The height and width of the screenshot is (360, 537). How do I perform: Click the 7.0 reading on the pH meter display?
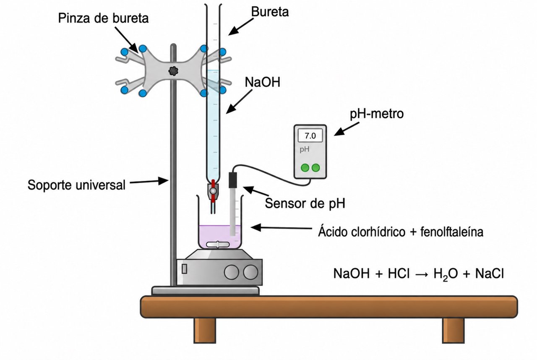[x=310, y=136]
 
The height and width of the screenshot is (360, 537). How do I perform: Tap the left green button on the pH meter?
[x=305, y=168]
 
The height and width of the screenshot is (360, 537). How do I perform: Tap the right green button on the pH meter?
[x=315, y=168]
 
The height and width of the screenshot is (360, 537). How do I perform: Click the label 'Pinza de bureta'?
[x=103, y=18]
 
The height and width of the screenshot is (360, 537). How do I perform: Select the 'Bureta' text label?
[x=270, y=12]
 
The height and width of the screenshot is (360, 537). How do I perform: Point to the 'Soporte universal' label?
[x=76, y=185]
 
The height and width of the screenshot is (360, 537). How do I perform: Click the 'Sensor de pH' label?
[x=305, y=203]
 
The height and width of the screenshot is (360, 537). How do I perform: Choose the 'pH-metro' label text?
[x=377, y=114]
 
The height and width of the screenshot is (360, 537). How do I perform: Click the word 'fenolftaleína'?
[x=452, y=232]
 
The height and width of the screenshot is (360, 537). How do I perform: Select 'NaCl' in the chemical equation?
[x=489, y=274]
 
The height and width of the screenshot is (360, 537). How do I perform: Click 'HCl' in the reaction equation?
[x=399, y=274]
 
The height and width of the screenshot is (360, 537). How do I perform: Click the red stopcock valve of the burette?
[x=213, y=191]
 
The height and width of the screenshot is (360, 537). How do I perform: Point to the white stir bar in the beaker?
[x=218, y=245]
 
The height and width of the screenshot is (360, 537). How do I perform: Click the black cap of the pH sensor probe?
[x=232, y=180]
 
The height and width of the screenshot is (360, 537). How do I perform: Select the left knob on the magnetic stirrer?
[x=231, y=272]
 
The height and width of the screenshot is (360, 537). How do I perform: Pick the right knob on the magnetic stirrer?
[x=250, y=272]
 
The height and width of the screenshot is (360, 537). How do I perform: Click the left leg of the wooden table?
[x=204, y=330]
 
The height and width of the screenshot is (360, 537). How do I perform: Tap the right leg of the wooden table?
[x=453, y=330]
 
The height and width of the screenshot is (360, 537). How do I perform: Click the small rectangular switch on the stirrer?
[x=184, y=269]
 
